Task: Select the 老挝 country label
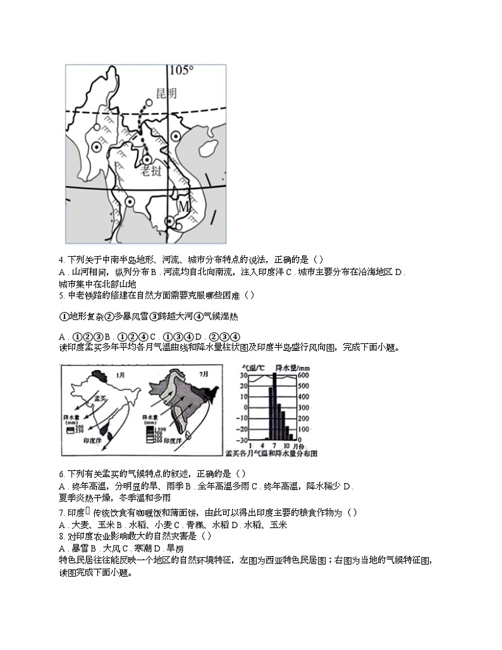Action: pyautogui.click(x=151, y=171)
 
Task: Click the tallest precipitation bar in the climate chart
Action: pyautogui.click(x=274, y=407)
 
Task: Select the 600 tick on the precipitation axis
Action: pyautogui.click(x=303, y=376)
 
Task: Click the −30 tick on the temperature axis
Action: pyautogui.click(x=242, y=440)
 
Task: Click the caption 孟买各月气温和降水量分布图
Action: pyautogui.click(x=271, y=453)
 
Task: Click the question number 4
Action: pyautogui.click(x=61, y=259)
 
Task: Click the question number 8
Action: pyautogui.click(x=61, y=536)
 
